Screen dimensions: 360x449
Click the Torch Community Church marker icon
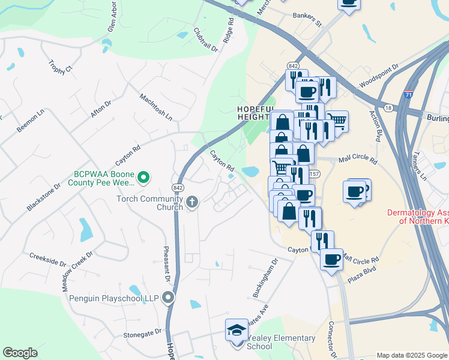[192, 202]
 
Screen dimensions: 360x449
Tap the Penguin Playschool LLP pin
[169, 298]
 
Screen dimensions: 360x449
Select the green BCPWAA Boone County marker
[143, 178]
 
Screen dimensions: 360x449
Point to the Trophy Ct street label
[61, 65]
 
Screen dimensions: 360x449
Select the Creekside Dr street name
[48, 259]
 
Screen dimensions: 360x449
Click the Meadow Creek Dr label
[76, 271]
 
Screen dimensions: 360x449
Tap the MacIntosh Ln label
[155, 106]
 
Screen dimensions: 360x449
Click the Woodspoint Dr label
[378, 76]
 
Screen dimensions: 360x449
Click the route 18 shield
[388, 107]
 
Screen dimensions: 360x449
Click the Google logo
[20, 352]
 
